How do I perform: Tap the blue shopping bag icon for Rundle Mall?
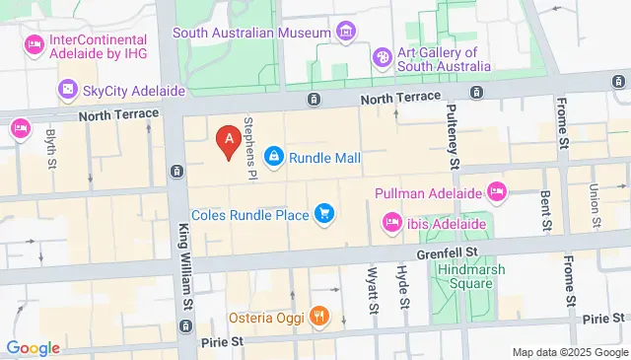[274, 157]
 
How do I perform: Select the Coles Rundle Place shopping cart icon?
[323, 212]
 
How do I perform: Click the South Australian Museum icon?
[346, 33]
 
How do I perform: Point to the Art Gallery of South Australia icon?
[383, 59]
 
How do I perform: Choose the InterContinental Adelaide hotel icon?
[34, 43]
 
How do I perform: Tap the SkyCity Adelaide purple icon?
[68, 91]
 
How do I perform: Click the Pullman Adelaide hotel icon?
[496, 188]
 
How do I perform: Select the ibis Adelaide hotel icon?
[391, 224]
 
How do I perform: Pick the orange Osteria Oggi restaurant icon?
[318, 317]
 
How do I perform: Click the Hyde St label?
[402, 285]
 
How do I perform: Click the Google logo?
[34, 347]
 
